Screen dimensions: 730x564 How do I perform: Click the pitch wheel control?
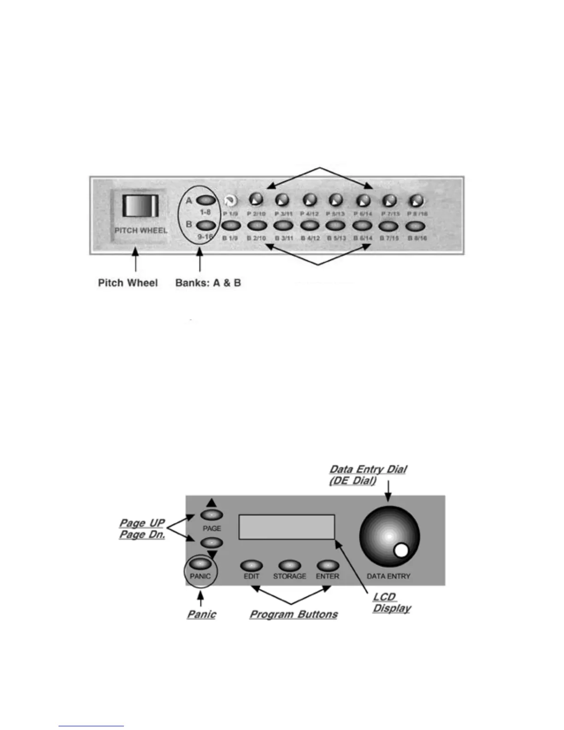coord(140,206)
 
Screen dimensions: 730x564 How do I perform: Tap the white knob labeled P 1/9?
coord(229,201)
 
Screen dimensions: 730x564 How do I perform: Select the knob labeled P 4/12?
coord(310,200)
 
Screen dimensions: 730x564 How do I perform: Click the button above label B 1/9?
coord(231,226)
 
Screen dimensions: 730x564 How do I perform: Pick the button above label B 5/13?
coord(336,226)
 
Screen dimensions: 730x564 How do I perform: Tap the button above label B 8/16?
coord(415,226)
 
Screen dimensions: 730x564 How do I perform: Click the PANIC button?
coord(200,564)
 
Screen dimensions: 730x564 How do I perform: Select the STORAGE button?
coord(289,565)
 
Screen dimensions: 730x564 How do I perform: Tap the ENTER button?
coord(328,565)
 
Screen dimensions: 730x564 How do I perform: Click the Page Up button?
coord(211,515)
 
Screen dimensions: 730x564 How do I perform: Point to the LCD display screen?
coord(287,527)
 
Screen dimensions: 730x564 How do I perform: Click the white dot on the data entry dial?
coord(402,551)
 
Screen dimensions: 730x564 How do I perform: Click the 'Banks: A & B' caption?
coord(208,283)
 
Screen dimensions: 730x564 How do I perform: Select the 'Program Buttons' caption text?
coord(294,614)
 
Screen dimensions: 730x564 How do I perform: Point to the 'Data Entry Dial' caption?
coord(368,470)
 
